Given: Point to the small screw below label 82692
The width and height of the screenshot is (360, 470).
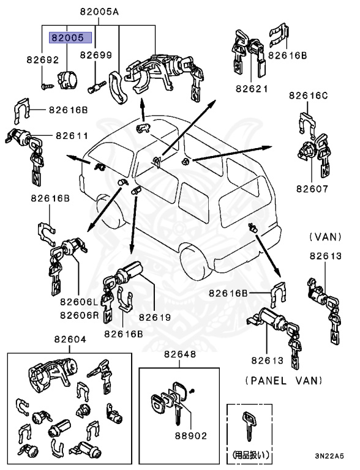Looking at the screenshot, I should pos(46,86).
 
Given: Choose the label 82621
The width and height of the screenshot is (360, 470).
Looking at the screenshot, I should pos(252,88).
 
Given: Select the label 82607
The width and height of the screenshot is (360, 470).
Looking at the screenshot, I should pos(312,189).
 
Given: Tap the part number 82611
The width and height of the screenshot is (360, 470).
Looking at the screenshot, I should pos(72,136).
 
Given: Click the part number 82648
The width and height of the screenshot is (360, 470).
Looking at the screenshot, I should pos(179,355).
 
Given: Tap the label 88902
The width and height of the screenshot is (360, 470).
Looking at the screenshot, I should pos(190,436).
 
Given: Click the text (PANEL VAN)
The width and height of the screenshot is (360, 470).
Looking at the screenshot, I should pos(283,380).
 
